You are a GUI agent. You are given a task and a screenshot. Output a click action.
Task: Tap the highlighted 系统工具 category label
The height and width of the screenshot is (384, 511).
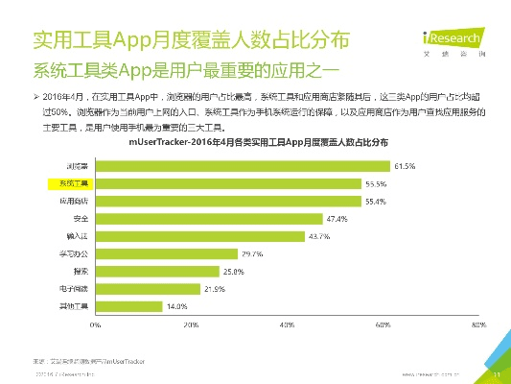pos(73,183)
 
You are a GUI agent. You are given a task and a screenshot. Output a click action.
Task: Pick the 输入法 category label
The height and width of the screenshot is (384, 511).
pos(74,236)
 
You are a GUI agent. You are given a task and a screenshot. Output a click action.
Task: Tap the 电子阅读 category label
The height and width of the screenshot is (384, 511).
pos(73,288)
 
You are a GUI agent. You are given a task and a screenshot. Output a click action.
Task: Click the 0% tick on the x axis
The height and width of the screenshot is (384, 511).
pos(96,326)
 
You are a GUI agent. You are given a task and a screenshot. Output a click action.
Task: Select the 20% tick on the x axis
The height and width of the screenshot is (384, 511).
pos(191,326)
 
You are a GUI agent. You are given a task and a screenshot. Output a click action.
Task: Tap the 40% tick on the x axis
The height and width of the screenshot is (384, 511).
pos(287,326)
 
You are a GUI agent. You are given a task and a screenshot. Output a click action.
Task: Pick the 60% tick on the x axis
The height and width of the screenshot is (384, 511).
pos(383,326)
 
